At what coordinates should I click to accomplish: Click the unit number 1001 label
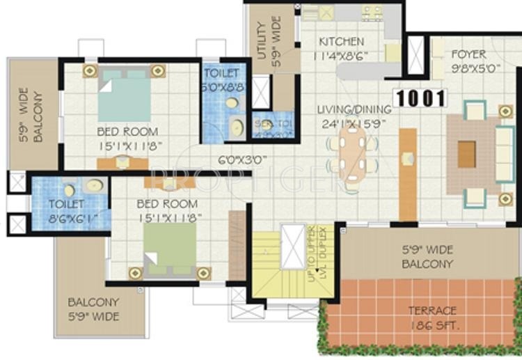(420, 98)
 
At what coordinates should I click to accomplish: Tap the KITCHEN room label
(341, 41)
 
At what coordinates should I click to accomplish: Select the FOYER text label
(468, 54)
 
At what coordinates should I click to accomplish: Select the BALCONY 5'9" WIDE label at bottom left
(93, 310)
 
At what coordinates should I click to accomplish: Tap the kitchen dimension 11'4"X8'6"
(341, 56)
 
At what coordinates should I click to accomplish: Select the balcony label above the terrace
(427, 258)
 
